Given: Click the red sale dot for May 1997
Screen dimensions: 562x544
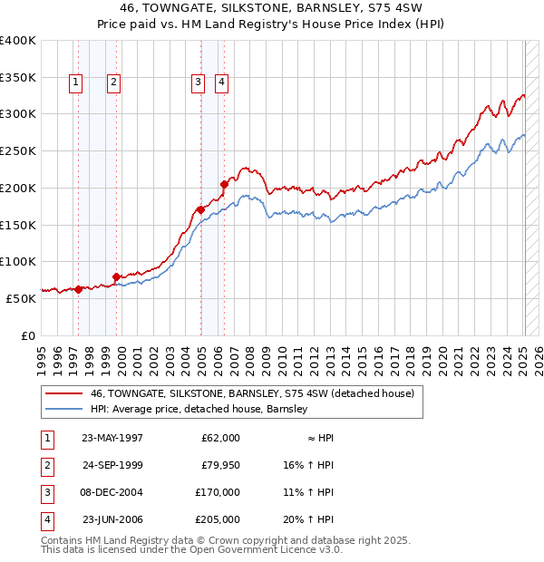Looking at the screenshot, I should pos(79,289).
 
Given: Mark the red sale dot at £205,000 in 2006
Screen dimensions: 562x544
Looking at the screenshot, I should pos(223,184).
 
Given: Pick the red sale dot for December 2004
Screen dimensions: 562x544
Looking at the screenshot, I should pos(200,209).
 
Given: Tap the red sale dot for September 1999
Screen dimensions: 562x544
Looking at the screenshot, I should pos(116,276).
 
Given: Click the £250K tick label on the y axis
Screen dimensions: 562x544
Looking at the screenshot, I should pos(18,151).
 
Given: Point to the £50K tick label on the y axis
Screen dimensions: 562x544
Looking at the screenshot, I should pos(21,298).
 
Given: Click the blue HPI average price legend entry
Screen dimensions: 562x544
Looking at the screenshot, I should pos(199,409).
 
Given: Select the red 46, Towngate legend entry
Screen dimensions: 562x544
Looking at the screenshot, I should pos(252,393).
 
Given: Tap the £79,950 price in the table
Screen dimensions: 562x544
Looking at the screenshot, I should pos(219,465).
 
